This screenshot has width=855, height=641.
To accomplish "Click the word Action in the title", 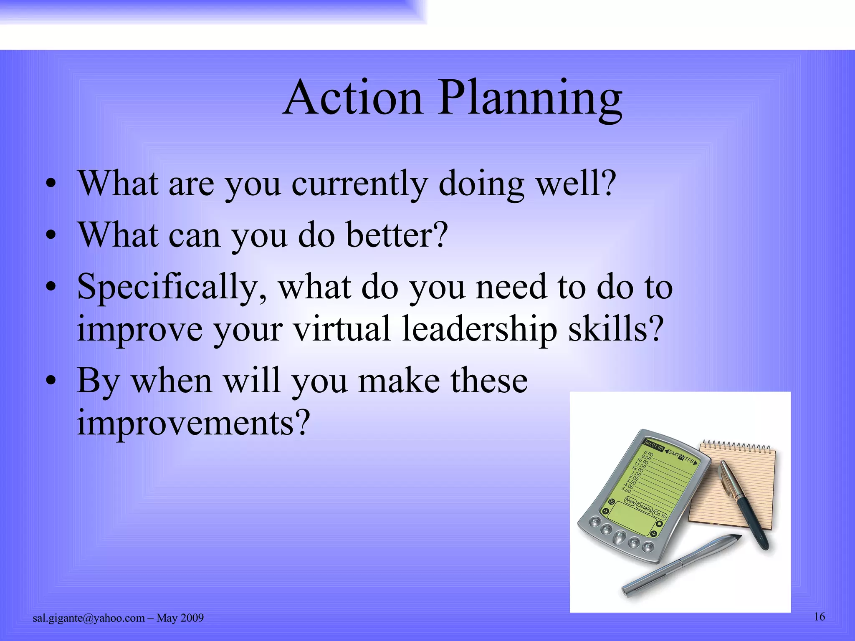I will click(x=353, y=98).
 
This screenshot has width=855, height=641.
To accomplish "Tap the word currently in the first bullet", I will click(x=359, y=184).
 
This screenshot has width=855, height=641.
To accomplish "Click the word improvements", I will click(x=194, y=422).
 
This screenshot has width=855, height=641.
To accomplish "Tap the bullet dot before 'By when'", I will click(x=51, y=381).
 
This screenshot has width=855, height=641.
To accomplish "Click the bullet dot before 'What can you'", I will click(x=51, y=236).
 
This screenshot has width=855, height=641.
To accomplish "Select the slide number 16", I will click(x=819, y=617).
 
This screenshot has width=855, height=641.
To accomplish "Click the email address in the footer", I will click(x=89, y=618).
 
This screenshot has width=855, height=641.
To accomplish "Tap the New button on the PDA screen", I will click(x=630, y=501).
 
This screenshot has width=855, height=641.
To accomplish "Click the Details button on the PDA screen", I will click(x=644, y=507).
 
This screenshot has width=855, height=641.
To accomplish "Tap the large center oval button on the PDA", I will click(x=619, y=537).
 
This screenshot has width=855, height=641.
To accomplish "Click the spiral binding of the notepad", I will click(x=737, y=447).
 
